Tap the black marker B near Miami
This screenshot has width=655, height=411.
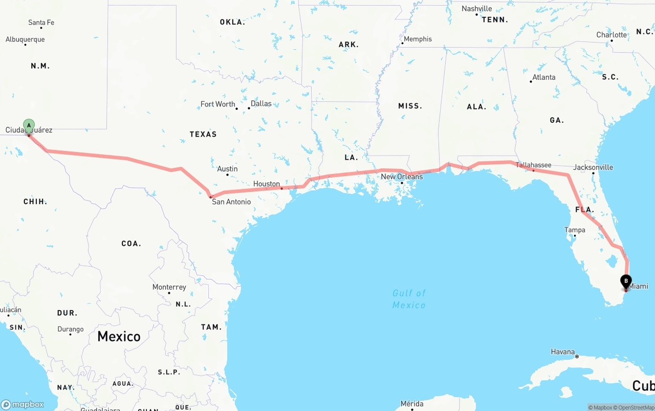(626, 282)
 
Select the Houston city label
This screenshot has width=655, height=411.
(267, 184)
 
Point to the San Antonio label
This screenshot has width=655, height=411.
(231, 202)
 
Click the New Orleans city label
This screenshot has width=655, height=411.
(402, 177)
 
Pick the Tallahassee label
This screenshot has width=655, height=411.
(533, 165)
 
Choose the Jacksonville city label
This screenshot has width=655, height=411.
(593, 167)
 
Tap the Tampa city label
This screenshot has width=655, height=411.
(575, 230)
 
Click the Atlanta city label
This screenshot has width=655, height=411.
(543, 77)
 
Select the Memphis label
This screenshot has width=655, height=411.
(418, 39)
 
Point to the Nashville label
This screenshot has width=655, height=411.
(476, 9)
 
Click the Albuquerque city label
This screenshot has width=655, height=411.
(25, 39)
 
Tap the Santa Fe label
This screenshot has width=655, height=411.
(41, 23)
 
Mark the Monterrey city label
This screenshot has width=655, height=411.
(169, 287)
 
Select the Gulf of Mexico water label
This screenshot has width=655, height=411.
(409, 299)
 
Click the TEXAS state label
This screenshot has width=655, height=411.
(203, 134)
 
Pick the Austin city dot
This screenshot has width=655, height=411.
(227, 175)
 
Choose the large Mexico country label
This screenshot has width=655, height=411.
(119, 336)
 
